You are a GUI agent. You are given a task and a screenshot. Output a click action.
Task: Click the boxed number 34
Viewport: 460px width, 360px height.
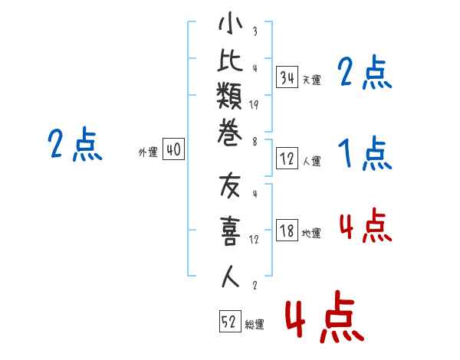[x=287, y=77]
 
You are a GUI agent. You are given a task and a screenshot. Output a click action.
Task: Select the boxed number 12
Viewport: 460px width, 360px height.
[x=287, y=159]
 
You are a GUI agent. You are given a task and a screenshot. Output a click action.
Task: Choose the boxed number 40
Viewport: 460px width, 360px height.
[x=173, y=151]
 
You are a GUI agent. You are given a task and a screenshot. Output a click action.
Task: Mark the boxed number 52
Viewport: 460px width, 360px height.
[x=229, y=323]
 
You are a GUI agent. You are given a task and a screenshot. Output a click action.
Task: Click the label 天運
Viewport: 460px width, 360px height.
[x=311, y=80]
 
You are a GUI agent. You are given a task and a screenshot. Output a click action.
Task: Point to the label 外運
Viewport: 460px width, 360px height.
[x=147, y=152]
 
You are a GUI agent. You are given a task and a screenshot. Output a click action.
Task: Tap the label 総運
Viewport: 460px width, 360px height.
[x=254, y=325]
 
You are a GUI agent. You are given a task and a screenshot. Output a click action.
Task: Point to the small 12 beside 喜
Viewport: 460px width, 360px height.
[x=254, y=238]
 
